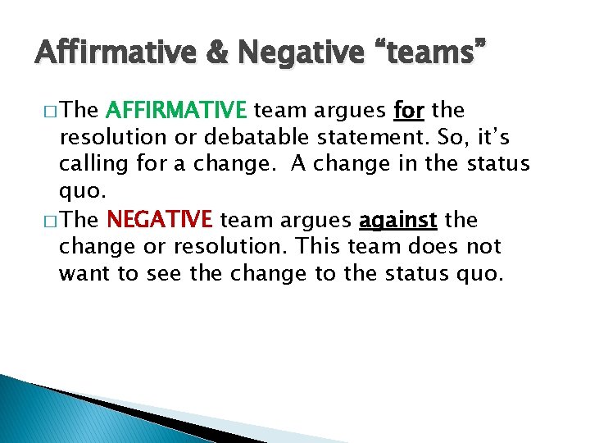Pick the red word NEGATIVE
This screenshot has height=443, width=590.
(x=160, y=220)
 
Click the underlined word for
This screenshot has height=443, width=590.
(x=409, y=110)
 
